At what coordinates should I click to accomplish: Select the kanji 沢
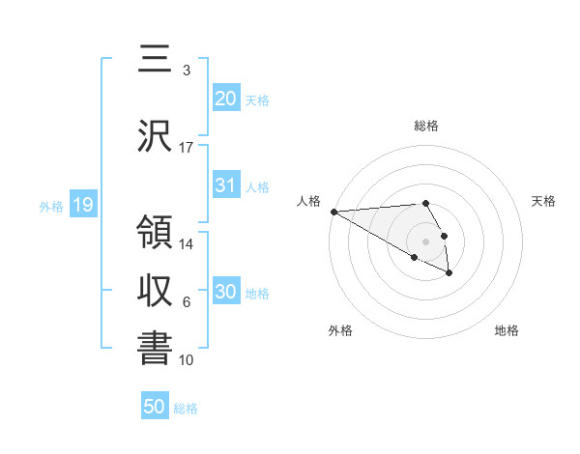coord(156,136)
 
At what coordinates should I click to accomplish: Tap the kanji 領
coord(156,235)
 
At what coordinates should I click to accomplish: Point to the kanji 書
coord(156,350)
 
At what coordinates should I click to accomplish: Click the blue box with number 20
coord(226,99)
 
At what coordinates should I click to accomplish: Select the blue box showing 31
coord(226,186)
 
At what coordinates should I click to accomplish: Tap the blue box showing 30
coord(226,292)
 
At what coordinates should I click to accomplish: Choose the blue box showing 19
coord(82,205)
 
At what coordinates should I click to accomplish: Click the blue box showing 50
coord(155,408)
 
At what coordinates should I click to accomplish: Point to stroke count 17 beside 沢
coord(187,148)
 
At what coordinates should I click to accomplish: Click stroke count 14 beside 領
coord(187,244)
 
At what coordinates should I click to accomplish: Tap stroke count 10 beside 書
coord(187,360)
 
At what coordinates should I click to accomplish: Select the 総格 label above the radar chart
coord(425,126)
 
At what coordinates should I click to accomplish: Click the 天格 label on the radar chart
coord(544,201)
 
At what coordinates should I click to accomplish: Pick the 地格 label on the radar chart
coord(507,330)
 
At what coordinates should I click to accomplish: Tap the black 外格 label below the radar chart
coord(340,330)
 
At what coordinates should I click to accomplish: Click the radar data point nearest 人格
coord(333,212)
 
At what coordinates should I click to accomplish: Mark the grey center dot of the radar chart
coord(425,241)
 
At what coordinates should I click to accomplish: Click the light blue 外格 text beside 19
coord(50,206)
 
